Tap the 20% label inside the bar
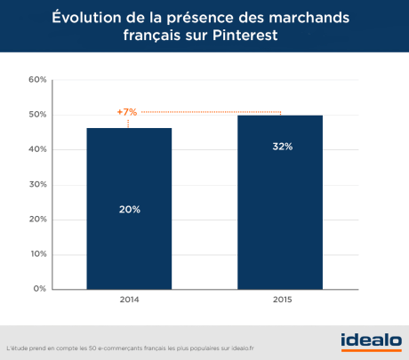pyautogui.click(x=129, y=210)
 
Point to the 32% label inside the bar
pyautogui.click(x=280, y=146)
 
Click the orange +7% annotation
pyautogui.click(x=127, y=113)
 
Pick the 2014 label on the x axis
pyautogui.click(x=129, y=300)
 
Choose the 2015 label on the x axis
pyautogui.click(x=280, y=300)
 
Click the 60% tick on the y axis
pyautogui.click(x=37, y=80)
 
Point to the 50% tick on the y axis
pyautogui.click(x=37, y=115)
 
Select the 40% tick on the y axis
pyautogui.click(x=37, y=149)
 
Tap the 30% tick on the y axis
pyautogui.click(x=37, y=184)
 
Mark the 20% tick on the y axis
pyautogui.click(x=37, y=219)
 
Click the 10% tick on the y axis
pyautogui.click(x=37, y=253)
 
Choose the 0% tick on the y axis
pyautogui.click(x=40, y=288)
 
